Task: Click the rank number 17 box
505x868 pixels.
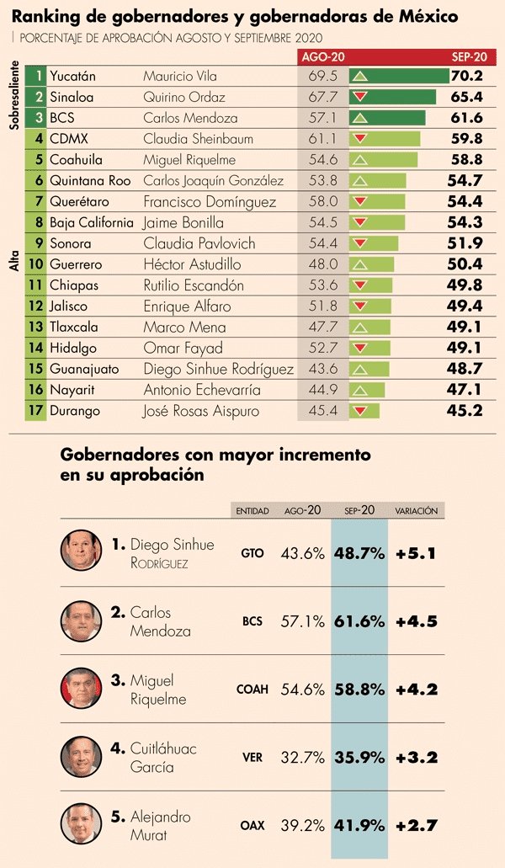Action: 35,411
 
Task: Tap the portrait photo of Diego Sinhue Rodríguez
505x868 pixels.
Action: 81,551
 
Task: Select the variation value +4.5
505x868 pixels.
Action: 417,622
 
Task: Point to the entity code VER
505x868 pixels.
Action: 252,758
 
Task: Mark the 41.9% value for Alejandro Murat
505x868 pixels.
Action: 359,826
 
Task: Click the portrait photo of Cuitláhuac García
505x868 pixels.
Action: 81,756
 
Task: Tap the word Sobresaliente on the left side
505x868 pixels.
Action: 14,93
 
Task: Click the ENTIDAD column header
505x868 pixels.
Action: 252,510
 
